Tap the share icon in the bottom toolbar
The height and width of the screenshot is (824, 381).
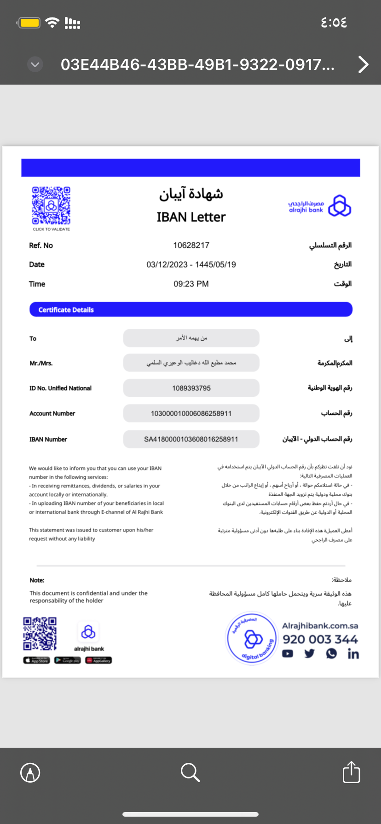[352, 772]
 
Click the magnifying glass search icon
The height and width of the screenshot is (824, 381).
[190, 772]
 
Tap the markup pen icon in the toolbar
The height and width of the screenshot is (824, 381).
[30, 772]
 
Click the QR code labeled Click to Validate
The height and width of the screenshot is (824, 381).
[51, 206]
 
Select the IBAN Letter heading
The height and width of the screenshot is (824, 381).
[191, 217]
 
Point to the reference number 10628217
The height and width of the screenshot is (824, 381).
[191, 246]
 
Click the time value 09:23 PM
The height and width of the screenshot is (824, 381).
[191, 284]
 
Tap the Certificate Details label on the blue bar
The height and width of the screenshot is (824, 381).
[66, 310]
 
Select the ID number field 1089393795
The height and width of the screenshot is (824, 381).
[191, 388]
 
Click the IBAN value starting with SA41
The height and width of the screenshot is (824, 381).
[191, 439]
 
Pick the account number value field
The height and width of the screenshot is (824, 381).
[191, 413]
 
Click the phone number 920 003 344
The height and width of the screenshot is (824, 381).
[320, 640]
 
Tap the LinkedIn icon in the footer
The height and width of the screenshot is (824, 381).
[353, 654]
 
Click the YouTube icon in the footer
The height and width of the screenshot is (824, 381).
[288, 654]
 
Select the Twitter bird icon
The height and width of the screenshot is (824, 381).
[309, 653]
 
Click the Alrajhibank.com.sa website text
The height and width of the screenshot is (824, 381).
[320, 626]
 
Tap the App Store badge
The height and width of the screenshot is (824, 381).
[36, 660]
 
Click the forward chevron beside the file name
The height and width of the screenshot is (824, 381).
[363, 65]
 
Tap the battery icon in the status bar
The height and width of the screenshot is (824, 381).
[29, 23]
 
